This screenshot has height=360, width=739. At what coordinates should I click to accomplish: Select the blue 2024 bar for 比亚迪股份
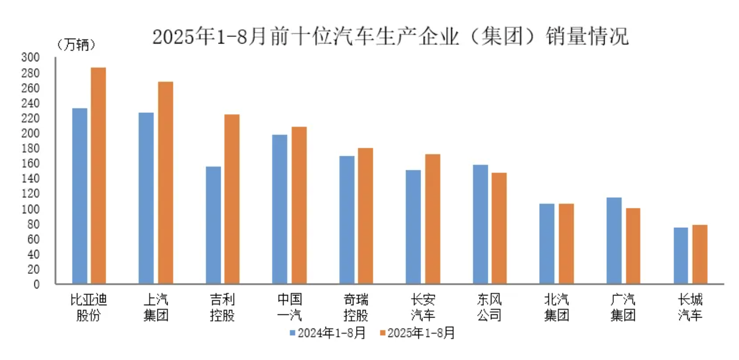click(x=79, y=196)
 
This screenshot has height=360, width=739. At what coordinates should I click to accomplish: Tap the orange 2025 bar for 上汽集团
click(x=165, y=183)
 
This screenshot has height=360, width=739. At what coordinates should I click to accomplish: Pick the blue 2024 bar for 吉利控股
click(x=213, y=225)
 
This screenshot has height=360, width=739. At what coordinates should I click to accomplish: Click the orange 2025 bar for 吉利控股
click(x=232, y=199)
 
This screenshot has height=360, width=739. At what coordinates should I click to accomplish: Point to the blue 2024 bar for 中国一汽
click(x=280, y=209)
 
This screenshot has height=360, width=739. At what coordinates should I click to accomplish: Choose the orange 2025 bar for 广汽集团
click(x=633, y=246)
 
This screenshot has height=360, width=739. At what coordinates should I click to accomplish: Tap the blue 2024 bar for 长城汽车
click(x=680, y=256)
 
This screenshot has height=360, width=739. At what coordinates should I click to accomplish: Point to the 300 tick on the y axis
click(x=31, y=57)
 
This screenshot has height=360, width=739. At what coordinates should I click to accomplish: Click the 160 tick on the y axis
click(x=31, y=163)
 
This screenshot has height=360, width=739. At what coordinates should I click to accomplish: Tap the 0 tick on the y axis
click(x=37, y=284)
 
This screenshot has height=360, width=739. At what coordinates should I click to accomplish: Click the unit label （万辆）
click(x=76, y=45)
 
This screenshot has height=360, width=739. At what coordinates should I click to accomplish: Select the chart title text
click(x=390, y=37)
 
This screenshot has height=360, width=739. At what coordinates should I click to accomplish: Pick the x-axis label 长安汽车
click(x=422, y=307)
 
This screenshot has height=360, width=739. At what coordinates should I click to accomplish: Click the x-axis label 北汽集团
click(x=556, y=307)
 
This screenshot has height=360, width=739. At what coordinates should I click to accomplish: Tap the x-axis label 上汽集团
click(x=156, y=307)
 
